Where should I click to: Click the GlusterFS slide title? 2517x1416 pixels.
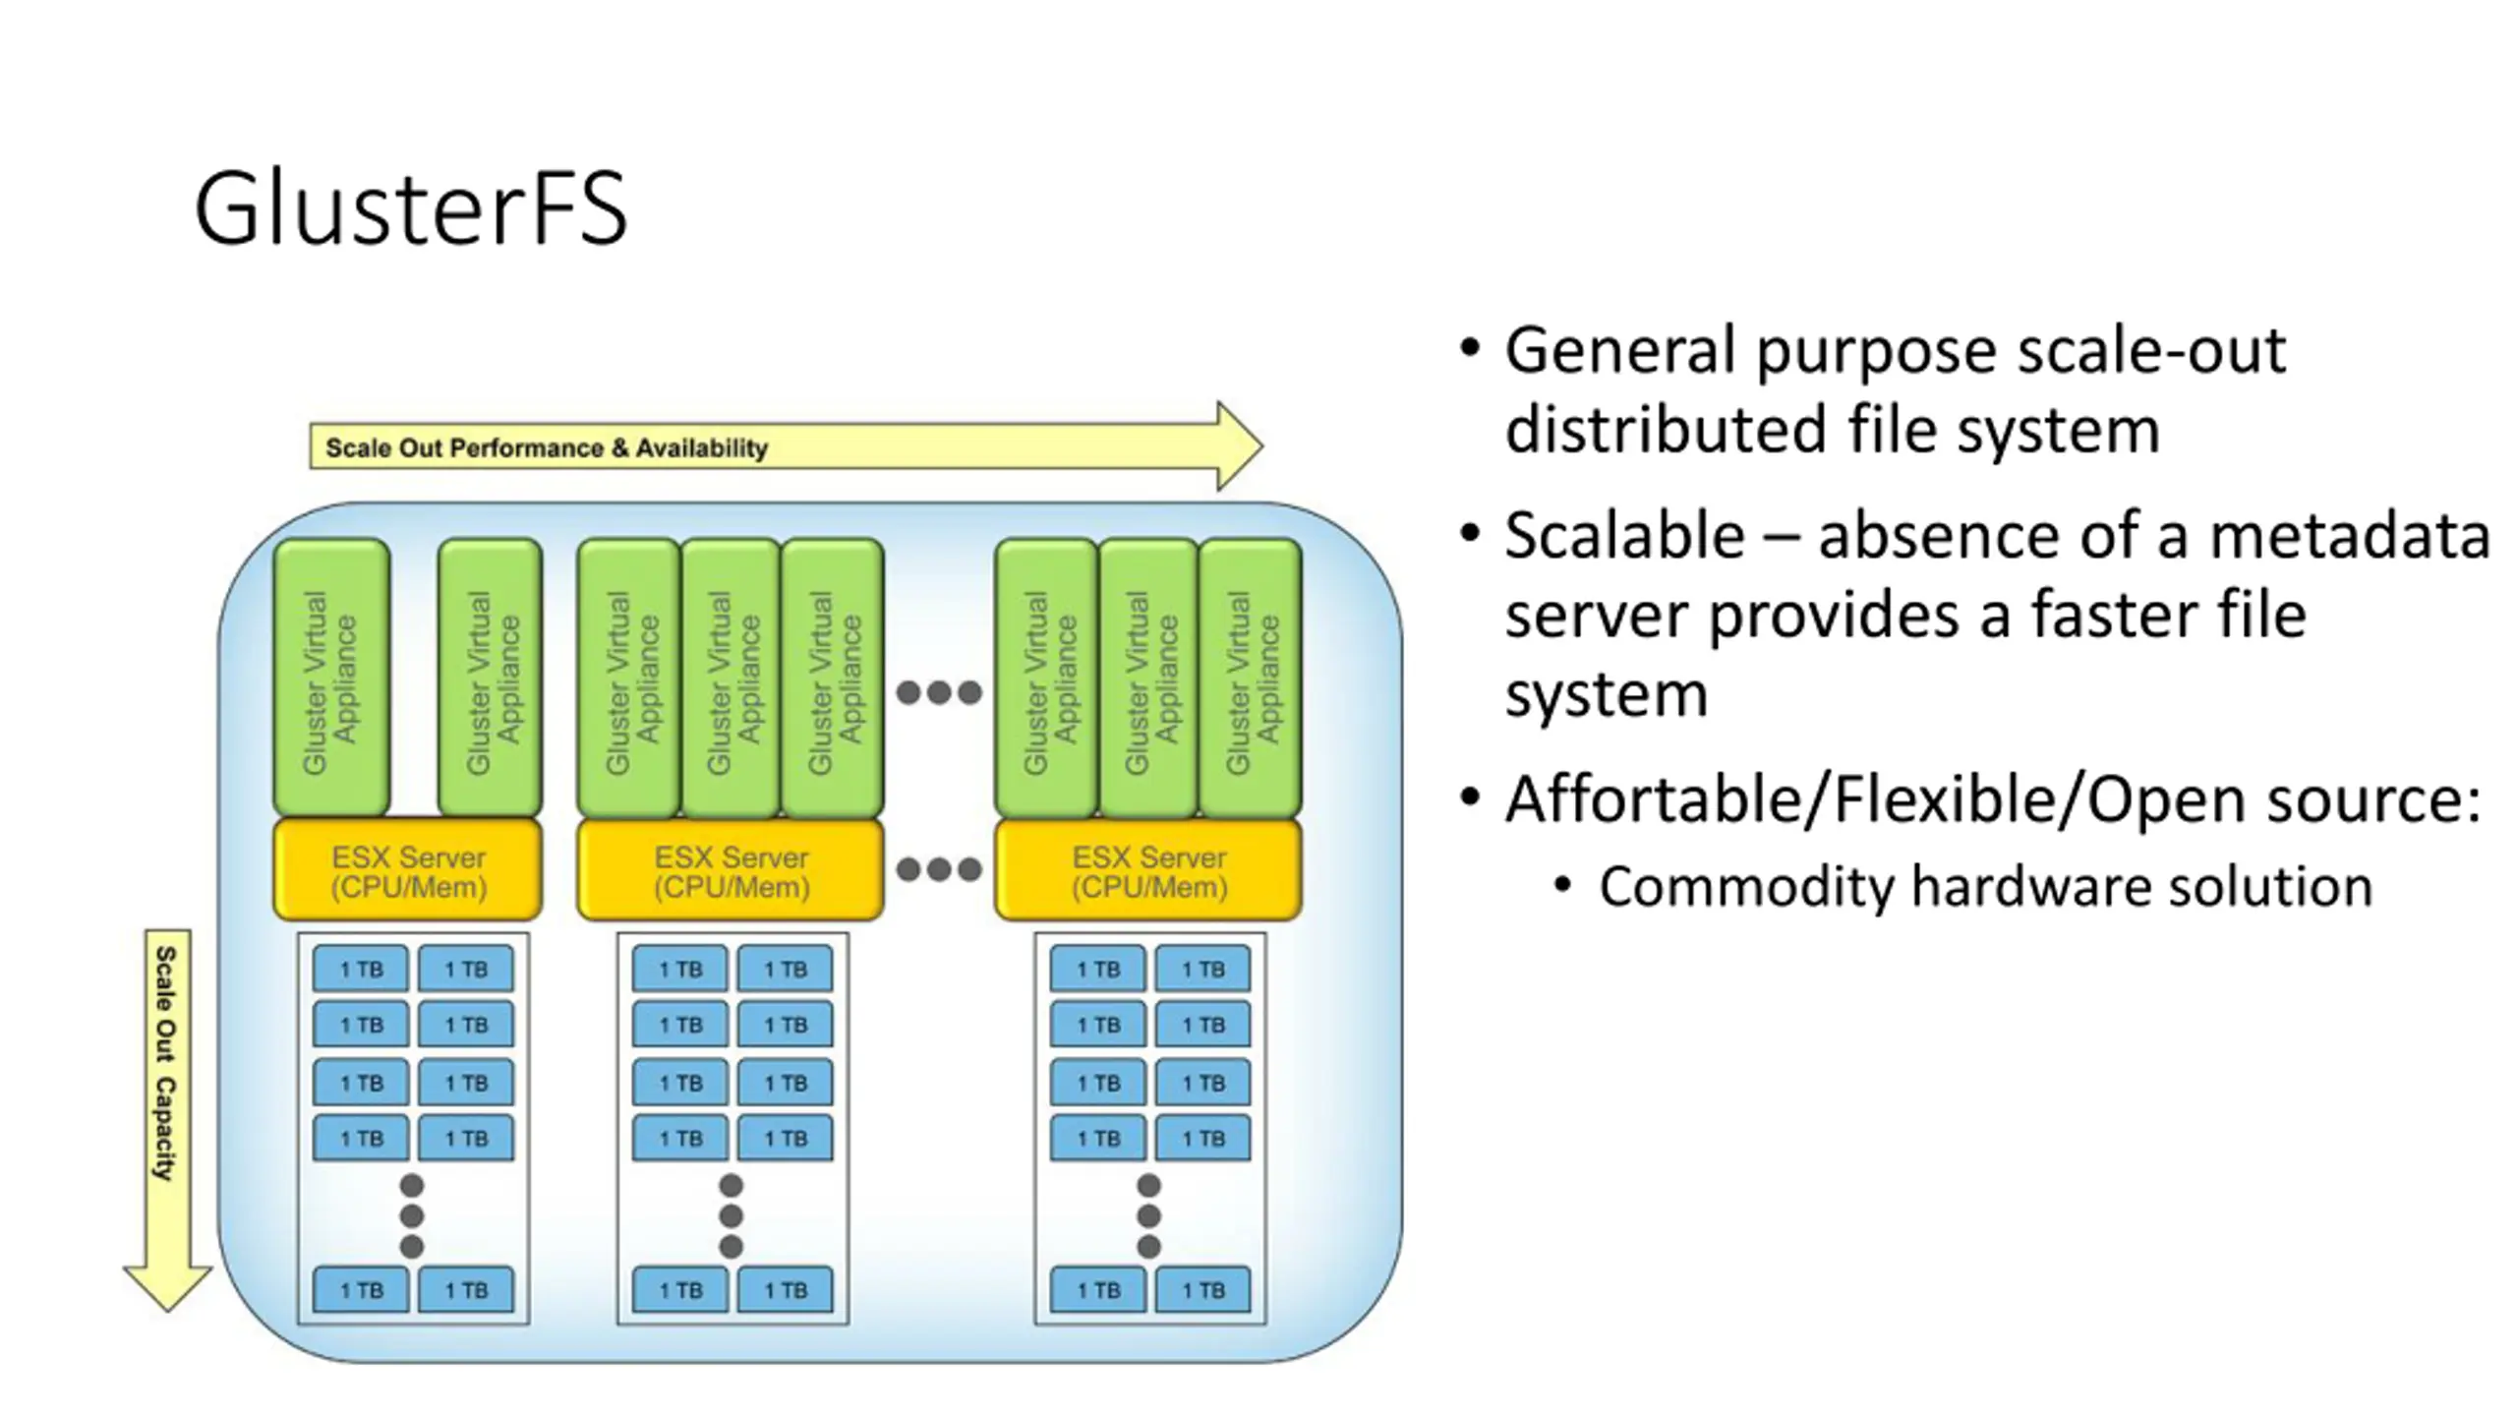point(410,208)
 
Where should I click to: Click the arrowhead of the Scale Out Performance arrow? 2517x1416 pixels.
point(1239,445)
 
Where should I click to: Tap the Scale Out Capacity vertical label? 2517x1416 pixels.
point(165,1063)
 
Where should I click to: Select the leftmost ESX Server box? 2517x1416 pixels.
point(408,871)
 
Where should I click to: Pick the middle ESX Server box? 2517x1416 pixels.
point(731,871)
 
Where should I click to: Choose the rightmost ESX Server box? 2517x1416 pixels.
point(1148,871)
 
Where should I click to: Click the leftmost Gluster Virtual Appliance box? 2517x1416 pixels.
point(331,678)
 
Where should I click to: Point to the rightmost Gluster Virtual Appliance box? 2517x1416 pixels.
point(1251,678)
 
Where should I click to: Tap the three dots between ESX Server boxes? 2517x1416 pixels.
point(939,869)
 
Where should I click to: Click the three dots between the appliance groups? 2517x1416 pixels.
point(939,692)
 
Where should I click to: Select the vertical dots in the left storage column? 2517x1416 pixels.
point(412,1215)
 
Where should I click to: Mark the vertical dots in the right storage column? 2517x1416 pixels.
point(1148,1215)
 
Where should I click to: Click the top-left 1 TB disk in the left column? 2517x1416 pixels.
point(361,970)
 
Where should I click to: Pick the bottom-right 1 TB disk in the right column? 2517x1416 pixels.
point(1202,1290)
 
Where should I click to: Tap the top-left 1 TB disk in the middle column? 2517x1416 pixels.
point(680,970)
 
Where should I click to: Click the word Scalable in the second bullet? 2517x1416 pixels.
point(1624,537)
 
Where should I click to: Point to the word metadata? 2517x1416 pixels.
point(2350,537)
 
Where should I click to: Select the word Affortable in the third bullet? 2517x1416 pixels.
point(1662,799)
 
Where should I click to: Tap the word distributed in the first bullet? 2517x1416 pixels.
point(1666,431)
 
